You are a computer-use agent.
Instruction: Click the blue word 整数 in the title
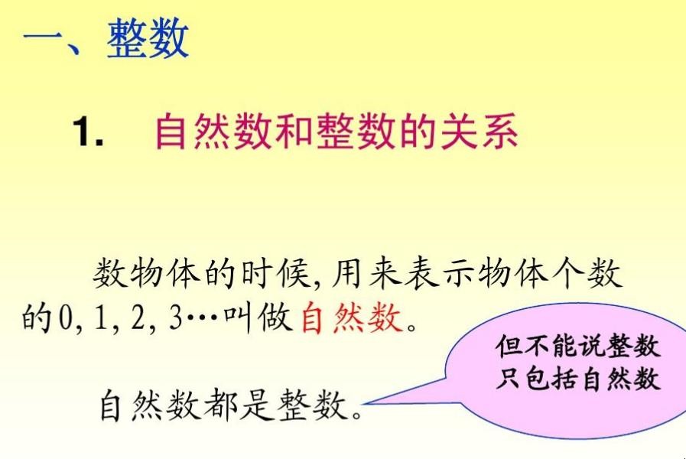(x=148, y=38)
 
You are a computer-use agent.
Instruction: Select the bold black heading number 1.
(x=89, y=130)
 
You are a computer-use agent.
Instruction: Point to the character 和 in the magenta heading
(x=294, y=130)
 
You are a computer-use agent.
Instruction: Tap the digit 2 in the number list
(x=138, y=317)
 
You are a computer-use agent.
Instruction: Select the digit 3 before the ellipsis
(x=175, y=317)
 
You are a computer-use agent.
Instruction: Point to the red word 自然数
(x=352, y=317)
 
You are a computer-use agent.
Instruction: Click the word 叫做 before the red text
(x=258, y=317)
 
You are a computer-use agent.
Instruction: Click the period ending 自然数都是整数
(x=357, y=413)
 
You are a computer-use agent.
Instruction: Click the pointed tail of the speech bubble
(x=364, y=403)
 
